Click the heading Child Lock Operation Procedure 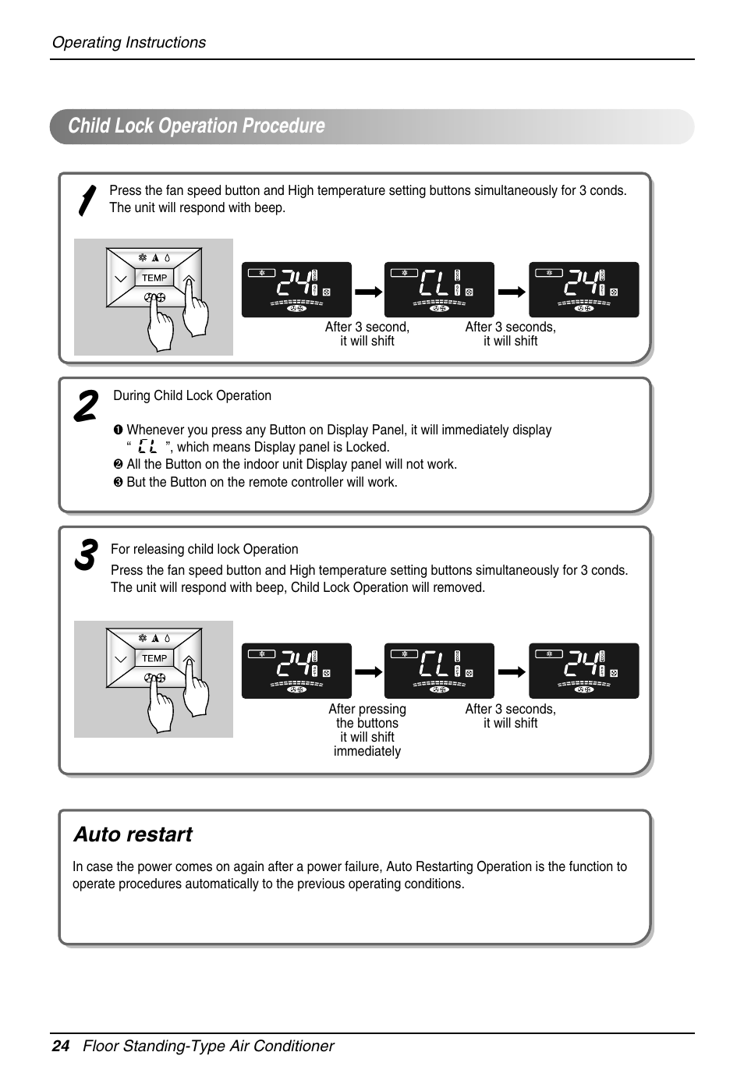point(197,126)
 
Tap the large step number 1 point(87,201)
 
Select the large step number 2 point(85,406)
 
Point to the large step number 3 point(85,554)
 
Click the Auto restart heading point(133,834)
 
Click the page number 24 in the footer point(60,1046)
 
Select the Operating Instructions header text point(129,43)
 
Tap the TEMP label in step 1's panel point(154,278)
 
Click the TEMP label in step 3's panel point(154,658)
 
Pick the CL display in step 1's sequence point(439,289)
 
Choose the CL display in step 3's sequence point(439,671)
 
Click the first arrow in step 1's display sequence point(368,291)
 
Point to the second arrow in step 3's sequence point(512,671)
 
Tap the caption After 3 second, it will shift point(367,334)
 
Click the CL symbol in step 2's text point(147,447)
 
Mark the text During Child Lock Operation point(193,395)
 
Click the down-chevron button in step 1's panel point(120,278)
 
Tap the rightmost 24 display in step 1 point(583,289)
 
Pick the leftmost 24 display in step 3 point(296,671)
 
